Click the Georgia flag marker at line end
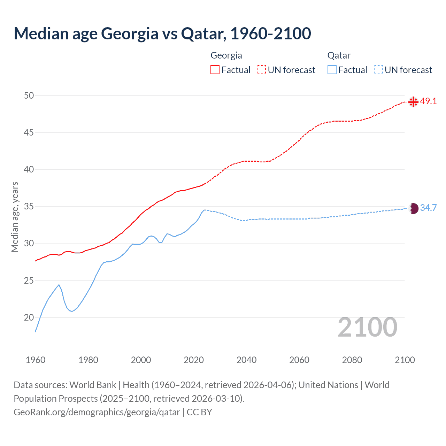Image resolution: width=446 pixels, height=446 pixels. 413,102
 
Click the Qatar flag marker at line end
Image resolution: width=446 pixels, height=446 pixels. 413,208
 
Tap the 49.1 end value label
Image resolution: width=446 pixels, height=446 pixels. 428,101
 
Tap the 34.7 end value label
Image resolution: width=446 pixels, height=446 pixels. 428,208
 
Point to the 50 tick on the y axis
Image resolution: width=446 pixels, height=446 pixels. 29,95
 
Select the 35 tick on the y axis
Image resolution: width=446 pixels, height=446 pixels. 29,207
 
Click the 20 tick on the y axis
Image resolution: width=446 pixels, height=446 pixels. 29,317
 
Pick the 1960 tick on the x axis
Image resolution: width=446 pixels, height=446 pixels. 36,360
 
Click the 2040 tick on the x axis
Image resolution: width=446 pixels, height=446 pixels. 246,360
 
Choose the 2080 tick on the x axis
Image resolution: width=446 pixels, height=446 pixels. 352,360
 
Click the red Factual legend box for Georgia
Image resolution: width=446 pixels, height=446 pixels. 215,70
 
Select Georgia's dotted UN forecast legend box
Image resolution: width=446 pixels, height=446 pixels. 261,70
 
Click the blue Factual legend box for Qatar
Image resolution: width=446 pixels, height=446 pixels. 332,70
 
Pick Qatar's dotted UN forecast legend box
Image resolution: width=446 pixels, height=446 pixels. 378,70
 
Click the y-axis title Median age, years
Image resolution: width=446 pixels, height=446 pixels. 15,217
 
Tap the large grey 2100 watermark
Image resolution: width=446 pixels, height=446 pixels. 367,327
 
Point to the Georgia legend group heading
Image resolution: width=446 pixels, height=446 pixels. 226,55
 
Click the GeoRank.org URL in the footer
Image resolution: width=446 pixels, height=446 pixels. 97,412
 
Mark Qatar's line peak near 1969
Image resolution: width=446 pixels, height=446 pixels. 59,285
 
